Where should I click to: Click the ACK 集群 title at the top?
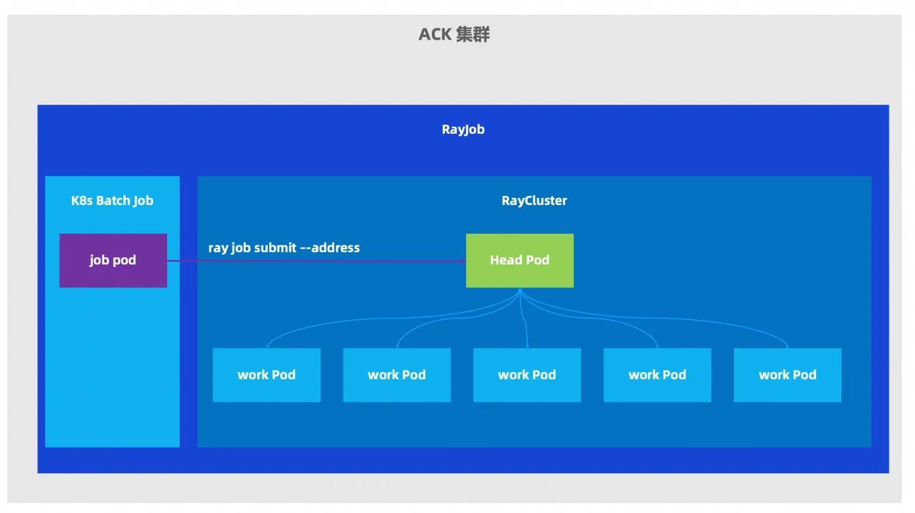[x=454, y=34]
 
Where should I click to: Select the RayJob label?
[x=463, y=129]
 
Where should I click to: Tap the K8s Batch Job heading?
[x=112, y=200]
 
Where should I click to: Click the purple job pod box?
[x=113, y=260]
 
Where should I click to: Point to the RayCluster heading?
[x=534, y=200]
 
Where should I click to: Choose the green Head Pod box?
[x=520, y=260]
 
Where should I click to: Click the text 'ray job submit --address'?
[x=284, y=248]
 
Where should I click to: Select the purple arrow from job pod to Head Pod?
[x=317, y=261]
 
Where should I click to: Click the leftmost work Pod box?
[x=267, y=375]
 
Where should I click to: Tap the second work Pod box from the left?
[x=397, y=375]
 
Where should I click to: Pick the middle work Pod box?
[x=527, y=375]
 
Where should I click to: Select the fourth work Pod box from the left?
[x=658, y=375]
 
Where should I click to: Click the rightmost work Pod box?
[x=788, y=375]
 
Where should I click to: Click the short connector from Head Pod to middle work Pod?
[x=525, y=324]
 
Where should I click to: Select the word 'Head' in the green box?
[x=506, y=260]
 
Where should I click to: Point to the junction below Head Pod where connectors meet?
[x=520, y=292]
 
